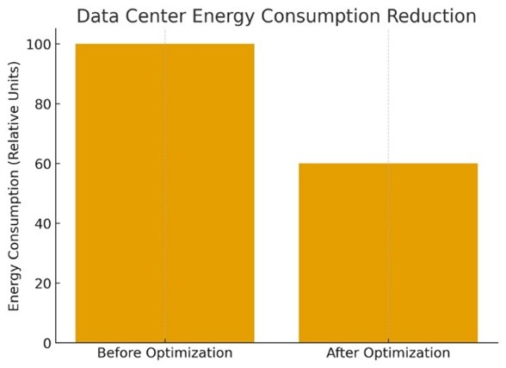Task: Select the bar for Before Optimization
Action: point(165,193)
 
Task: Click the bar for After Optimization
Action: point(388,253)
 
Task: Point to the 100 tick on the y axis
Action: point(39,44)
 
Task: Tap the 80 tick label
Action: point(43,104)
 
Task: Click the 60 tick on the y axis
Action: point(43,164)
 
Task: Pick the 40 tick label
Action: point(43,223)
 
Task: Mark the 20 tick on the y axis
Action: point(43,284)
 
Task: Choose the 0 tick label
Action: point(47,343)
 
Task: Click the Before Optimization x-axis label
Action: point(165,352)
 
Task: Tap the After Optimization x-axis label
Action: point(388,352)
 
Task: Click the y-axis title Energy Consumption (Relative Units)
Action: point(14,186)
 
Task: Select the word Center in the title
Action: point(157,16)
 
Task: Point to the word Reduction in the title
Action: point(431,16)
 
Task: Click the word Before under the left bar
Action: point(119,352)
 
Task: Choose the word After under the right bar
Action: point(340,352)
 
